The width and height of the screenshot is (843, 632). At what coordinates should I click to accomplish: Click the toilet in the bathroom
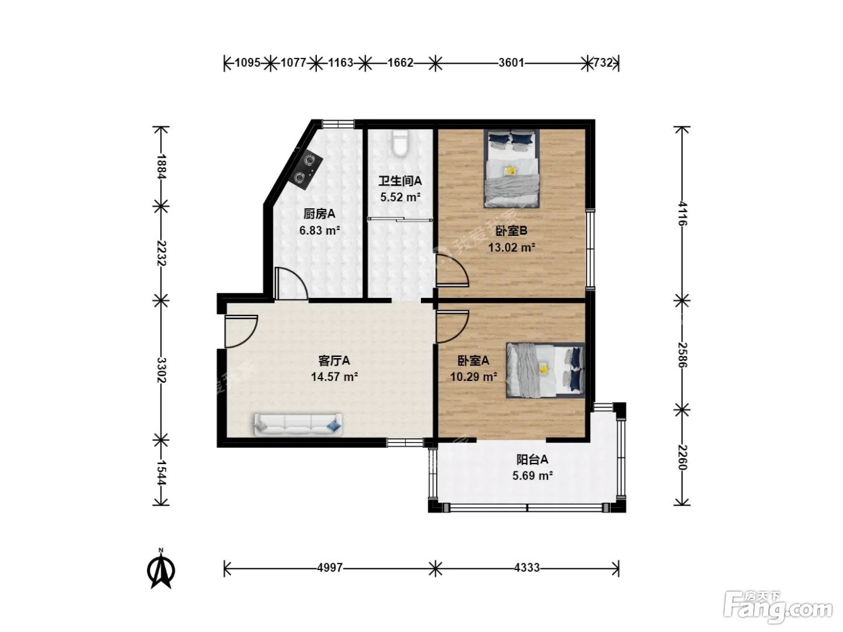[x=400, y=144]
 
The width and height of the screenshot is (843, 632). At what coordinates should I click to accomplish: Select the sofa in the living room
[x=298, y=425]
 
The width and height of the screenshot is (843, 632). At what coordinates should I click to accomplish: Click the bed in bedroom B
[x=511, y=169]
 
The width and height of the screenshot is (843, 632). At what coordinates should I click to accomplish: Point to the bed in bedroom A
[x=546, y=370]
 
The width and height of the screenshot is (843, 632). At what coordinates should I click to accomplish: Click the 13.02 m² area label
[x=512, y=247]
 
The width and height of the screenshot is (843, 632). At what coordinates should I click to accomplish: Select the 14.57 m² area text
[x=334, y=377]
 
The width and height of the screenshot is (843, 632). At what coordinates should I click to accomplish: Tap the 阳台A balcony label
[x=532, y=459]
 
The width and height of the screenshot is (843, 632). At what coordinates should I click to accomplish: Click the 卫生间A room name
[x=400, y=181]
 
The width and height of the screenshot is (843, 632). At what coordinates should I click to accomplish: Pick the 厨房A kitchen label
[x=320, y=214]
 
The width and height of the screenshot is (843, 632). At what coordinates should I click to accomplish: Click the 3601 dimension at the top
[x=511, y=63]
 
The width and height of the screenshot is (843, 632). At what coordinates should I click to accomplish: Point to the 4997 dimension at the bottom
[x=329, y=568]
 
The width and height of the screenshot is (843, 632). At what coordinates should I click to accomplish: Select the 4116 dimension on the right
[x=682, y=213]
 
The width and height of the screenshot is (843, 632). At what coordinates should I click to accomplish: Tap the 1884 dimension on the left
[x=161, y=167]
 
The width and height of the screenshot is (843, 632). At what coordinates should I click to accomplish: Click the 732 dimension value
[x=603, y=63]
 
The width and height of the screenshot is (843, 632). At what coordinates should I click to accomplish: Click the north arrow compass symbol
[x=161, y=571]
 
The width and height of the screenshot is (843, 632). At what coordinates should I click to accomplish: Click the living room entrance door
[x=240, y=331]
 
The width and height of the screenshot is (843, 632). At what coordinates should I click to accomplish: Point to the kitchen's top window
[x=338, y=123]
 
